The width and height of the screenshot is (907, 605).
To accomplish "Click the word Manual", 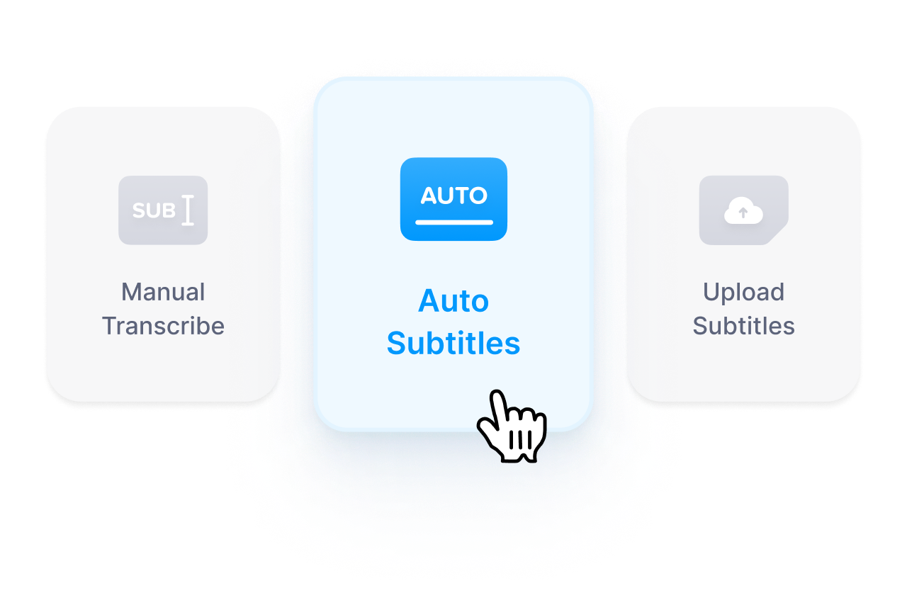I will [x=163, y=292].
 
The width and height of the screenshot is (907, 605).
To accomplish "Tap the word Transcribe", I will [x=163, y=326].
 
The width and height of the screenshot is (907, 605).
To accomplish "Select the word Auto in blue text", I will [x=453, y=301].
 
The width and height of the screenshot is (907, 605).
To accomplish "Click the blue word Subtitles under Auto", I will [x=453, y=344].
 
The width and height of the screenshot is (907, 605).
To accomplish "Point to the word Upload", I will [x=743, y=292].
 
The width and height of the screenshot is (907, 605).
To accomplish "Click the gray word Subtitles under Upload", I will [x=743, y=326].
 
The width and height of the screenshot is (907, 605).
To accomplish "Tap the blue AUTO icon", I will [x=453, y=199].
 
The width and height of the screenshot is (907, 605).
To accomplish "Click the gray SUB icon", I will [x=163, y=210].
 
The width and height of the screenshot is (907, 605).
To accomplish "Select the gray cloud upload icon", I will [x=743, y=210].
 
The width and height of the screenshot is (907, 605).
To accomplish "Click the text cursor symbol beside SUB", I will [x=188, y=211].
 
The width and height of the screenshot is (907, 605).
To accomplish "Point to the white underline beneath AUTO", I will [x=453, y=222].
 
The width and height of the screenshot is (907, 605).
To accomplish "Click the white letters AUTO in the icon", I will [x=453, y=196].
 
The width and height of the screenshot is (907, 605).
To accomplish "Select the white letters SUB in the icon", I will [x=154, y=211].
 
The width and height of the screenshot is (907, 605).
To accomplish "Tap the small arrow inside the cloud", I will [x=743, y=212].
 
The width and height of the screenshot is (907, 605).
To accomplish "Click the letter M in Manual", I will [x=131, y=292].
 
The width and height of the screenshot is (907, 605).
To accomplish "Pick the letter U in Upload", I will [x=711, y=292].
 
